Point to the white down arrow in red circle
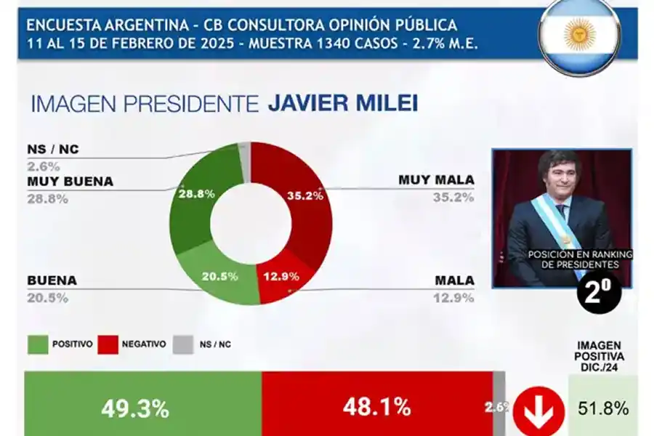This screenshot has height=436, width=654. tap(538, 411)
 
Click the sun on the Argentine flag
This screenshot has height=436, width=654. tap(579, 34)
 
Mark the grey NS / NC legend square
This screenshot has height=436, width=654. tap(183, 344)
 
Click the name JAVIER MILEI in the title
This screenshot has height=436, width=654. tap(342, 104)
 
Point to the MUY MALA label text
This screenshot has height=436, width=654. tap(436, 179)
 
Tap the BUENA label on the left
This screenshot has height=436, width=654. tap(52, 280)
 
